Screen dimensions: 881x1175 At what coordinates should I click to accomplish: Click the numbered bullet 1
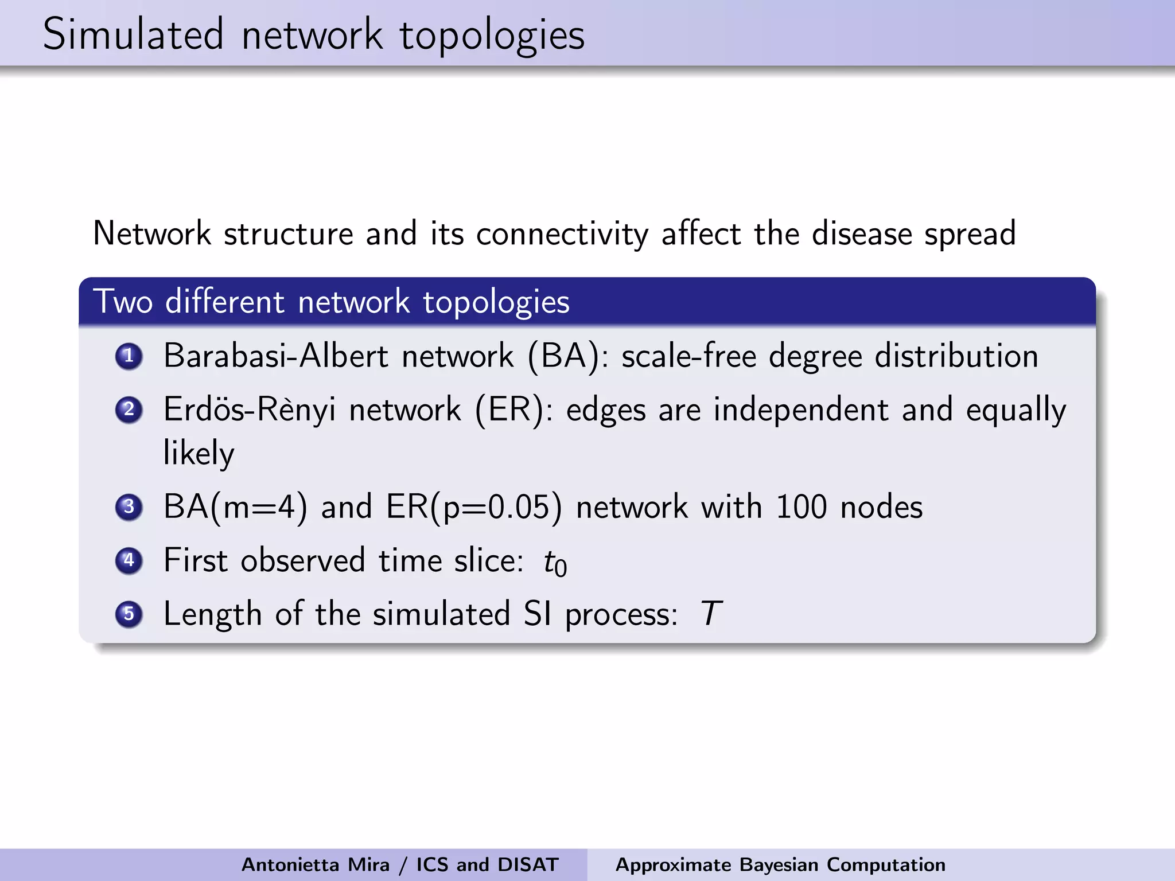(129, 356)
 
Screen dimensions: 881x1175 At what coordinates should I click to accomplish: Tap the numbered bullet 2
(129, 410)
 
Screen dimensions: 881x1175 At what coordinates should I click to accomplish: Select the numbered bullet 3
(129, 507)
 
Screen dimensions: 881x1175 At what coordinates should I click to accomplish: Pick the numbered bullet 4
(129, 560)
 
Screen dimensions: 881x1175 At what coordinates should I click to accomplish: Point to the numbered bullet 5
(129, 614)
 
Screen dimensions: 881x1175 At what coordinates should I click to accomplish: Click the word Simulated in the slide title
(133, 34)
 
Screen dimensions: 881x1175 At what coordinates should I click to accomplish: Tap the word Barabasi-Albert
(276, 356)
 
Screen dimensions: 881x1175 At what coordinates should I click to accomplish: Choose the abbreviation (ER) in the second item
(509, 410)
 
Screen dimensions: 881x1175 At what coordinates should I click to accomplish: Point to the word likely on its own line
(199, 453)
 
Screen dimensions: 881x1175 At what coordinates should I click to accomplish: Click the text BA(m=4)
(235, 507)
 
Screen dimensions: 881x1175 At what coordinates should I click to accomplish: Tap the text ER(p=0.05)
(474, 507)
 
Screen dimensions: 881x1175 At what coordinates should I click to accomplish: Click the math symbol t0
(555, 562)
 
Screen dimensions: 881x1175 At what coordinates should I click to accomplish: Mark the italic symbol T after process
(711, 614)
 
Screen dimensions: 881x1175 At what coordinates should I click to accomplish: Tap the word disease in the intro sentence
(862, 233)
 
